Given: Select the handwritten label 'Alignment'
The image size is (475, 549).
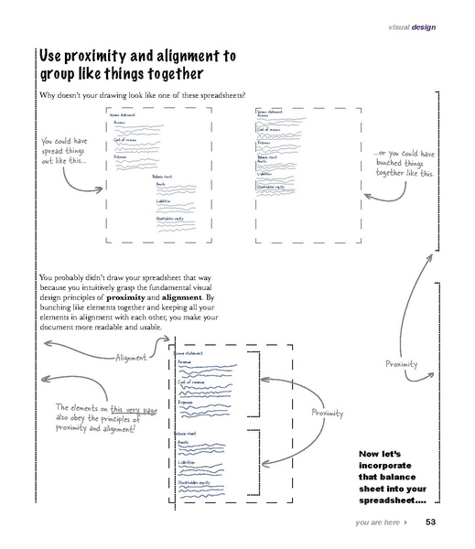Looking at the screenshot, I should tap(130, 358).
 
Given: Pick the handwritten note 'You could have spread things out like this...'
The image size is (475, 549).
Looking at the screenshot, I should tap(62, 151).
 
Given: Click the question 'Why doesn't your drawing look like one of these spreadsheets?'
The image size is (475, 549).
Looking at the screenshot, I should tap(149, 96).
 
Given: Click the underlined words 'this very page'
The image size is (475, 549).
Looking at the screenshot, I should tap(134, 409).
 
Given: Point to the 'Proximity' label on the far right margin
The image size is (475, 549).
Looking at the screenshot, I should tap(401, 364).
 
